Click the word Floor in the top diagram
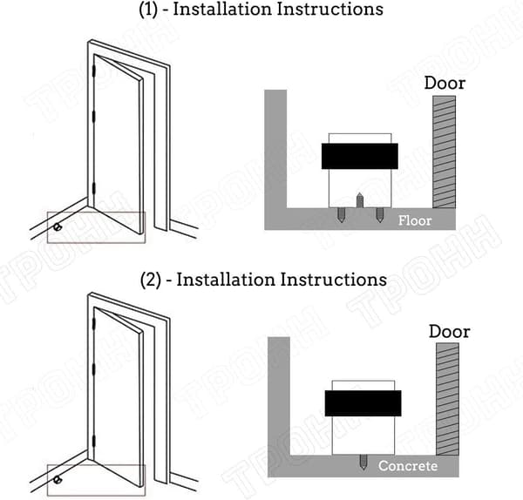(415, 220)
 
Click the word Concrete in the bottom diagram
(408, 466)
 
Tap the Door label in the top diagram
(445, 83)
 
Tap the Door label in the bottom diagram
(449, 331)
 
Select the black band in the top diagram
(359, 156)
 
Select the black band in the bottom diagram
(363, 403)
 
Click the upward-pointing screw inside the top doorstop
(359, 199)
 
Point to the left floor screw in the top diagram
(341, 215)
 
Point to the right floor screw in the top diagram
(379, 215)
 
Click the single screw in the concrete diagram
(363, 462)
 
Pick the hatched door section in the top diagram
(444, 152)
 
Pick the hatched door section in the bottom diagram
(448, 399)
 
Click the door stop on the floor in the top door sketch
(57, 227)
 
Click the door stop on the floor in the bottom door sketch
(58, 480)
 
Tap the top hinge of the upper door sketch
(94, 71)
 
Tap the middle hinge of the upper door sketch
(94, 116)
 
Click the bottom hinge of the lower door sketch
(94, 441)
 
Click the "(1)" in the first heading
(148, 10)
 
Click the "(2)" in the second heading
(151, 280)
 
